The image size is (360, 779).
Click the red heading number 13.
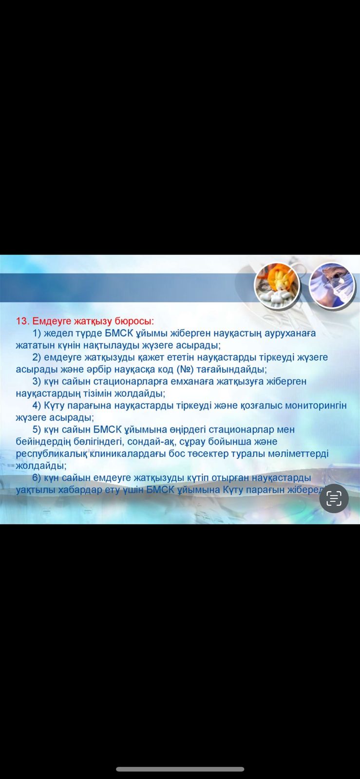22,321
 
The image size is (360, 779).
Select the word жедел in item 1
58,334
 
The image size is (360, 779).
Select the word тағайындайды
232,370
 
